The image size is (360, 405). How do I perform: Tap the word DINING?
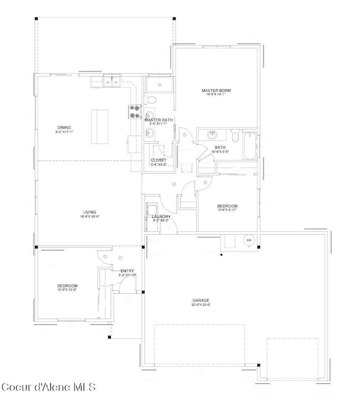pyautogui.click(x=61, y=127)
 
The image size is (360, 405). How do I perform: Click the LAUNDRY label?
pyautogui.click(x=161, y=216)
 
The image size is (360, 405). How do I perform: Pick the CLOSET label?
pyautogui.click(x=159, y=160)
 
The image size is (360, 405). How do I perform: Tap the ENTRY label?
pyautogui.click(x=127, y=271)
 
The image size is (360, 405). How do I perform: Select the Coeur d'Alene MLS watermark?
pyautogui.click(x=49, y=386)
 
